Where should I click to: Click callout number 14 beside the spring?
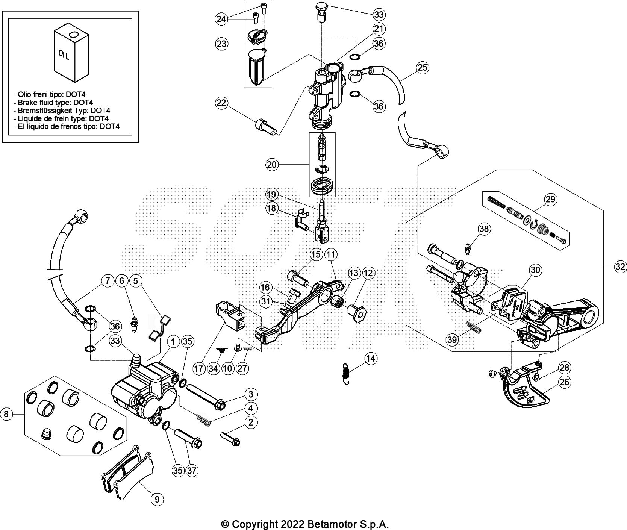tap(371, 359)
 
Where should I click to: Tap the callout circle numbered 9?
tap(157, 499)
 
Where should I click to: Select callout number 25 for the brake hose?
tap(423, 68)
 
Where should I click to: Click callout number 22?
tap(222, 103)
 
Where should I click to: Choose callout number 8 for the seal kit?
tap(6, 414)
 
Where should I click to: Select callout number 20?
tap(272, 164)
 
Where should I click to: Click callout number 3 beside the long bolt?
tap(250, 394)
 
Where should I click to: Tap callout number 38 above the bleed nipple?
tap(484, 229)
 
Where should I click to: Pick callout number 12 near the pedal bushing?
tap(369, 274)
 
